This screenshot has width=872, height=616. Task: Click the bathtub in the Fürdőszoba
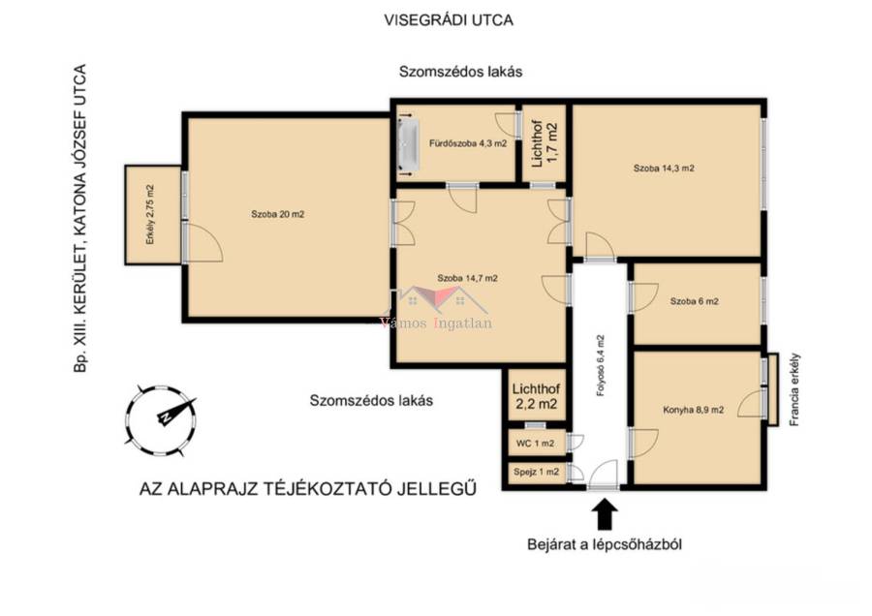coord(408,144)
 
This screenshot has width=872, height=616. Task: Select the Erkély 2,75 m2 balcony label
coord(149,215)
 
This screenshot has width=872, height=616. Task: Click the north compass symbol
coord(161,420)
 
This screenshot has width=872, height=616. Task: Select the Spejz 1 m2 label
coord(536,472)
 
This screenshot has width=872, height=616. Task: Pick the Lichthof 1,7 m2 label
coord(544,144)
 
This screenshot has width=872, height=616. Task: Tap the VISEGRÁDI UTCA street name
coord(449,20)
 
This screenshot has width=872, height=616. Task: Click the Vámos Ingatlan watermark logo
coord(437,309)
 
